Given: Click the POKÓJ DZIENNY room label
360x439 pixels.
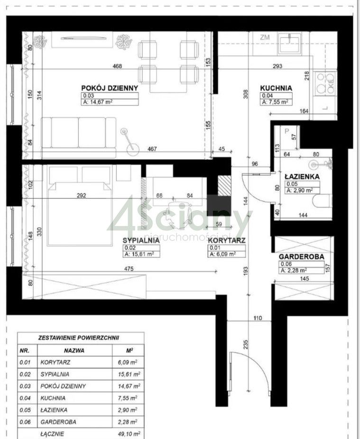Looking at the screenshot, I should [109, 88].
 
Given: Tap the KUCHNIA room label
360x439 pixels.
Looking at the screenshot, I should [276, 88].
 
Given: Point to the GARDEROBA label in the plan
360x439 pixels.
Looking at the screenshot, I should [301, 257].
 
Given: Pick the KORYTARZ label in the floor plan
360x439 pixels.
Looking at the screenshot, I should [227, 240].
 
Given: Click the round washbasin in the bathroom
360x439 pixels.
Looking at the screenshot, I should [314, 164].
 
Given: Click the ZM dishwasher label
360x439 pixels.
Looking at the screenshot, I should [265, 37].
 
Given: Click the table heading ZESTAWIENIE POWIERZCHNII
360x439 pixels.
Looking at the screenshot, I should [78, 338].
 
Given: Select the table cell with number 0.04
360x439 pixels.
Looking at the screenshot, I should [24, 398].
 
